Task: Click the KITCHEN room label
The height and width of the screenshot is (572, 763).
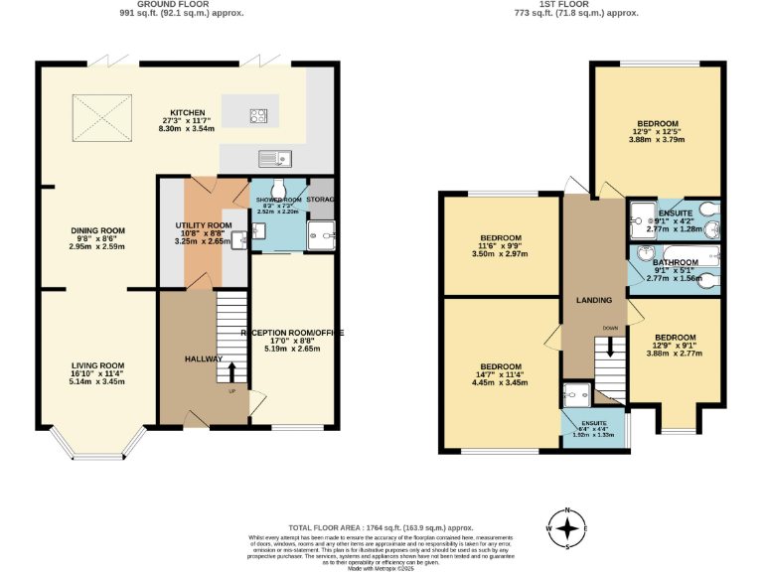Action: click(188, 112)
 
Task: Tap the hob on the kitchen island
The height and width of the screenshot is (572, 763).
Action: click(259, 113)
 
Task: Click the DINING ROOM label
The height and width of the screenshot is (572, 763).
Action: click(95, 231)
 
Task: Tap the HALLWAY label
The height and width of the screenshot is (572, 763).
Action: click(203, 358)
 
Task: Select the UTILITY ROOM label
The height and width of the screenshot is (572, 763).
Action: click(204, 225)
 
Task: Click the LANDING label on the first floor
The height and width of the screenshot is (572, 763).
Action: click(594, 299)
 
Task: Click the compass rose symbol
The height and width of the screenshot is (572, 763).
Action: click(567, 527)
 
